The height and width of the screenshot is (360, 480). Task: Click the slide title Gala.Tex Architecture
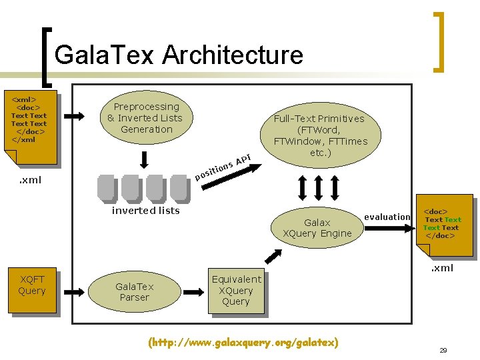pos(179,55)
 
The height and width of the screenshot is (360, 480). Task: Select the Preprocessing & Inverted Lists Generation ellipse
pos(145,118)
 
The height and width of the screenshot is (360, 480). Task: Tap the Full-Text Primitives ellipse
pos(320,135)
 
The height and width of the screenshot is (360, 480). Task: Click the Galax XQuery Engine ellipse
pos(317,228)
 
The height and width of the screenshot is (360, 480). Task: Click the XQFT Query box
pos(32,291)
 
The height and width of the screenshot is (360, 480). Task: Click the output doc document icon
pos(443,227)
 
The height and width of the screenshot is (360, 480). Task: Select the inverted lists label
pos(145,211)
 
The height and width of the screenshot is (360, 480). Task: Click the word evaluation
pos(387,217)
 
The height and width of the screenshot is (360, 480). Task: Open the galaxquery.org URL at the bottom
pos(243,343)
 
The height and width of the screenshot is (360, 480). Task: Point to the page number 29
pos(443,350)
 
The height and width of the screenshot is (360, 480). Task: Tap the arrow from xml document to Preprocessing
pos(75,116)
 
